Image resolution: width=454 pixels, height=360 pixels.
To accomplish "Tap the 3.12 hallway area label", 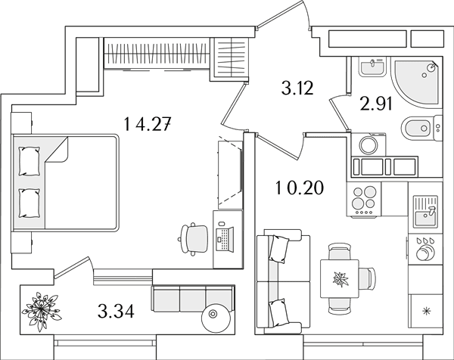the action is pos(297,88).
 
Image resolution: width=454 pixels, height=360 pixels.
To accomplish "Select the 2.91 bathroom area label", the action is pos(376,104).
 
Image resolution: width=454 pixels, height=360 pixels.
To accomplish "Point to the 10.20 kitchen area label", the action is pos(300,188).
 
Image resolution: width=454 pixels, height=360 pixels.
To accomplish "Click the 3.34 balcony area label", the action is pos(116,312).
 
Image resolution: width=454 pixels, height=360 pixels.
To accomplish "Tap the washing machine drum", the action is pos(368,144).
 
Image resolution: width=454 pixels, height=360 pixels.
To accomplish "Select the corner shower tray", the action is pos(416,82).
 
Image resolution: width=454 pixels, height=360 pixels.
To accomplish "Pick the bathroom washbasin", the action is pos(372,67).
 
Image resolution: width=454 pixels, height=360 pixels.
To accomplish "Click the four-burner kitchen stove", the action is pos(364,200).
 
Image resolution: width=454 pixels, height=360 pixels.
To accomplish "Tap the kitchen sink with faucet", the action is pos(425,211).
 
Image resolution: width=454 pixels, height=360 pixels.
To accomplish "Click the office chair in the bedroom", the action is pos(193,239).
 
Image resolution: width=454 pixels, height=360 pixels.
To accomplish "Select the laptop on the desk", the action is pos(225,239).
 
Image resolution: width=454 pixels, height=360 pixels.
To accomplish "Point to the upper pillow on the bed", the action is pos(29,161).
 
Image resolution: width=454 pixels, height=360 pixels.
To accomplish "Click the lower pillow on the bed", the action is pos(29,203).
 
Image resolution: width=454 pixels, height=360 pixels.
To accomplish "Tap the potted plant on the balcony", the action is pos(42,312).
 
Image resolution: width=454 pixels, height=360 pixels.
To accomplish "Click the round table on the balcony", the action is pos(216,318).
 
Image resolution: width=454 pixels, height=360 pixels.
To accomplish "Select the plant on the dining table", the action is pos(340,279).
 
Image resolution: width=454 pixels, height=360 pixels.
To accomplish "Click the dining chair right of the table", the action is pos(367,278).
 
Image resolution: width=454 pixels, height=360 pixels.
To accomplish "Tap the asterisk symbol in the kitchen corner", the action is pos(426,311).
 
